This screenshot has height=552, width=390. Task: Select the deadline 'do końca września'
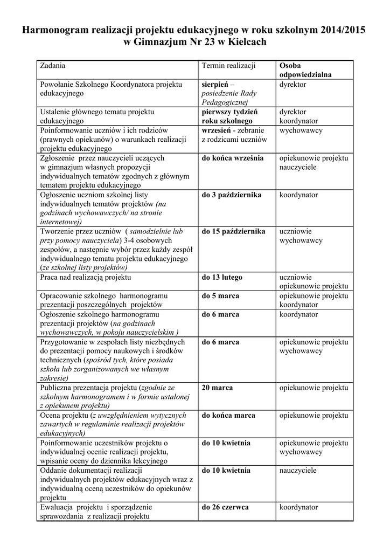coord(233,158)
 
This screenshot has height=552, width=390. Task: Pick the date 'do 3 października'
coord(232,195)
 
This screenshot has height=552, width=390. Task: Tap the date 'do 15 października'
coord(233,231)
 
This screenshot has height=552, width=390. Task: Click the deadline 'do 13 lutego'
coord(222,277)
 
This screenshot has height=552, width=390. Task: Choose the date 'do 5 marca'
coord(220,296)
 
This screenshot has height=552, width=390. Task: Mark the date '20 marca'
coord(217,388)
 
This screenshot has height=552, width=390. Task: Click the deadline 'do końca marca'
coord(228,415)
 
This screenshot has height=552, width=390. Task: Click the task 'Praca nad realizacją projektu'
coord(86,277)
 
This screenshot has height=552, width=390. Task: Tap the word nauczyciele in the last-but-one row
coord(298,471)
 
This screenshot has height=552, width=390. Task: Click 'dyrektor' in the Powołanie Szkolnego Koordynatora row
coord(292,85)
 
